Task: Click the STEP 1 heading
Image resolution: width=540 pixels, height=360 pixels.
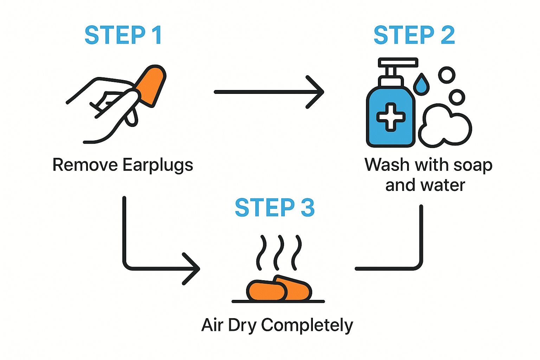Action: pyautogui.click(x=123, y=35)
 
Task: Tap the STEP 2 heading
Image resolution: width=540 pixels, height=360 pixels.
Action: pyautogui.click(x=414, y=35)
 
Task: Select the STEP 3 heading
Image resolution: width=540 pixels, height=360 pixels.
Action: pyautogui.click(x=275, y=207)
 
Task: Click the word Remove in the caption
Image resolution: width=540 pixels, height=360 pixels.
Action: pyautogui.click(x=85, y=165)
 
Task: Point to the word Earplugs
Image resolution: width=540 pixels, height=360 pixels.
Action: pyautogui.click(x=158, y=166)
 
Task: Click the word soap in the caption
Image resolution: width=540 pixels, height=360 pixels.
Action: pyautogui.click(x=473, y=166)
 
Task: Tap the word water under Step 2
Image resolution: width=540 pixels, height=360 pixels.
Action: pyautogui.click(x=443, y=185)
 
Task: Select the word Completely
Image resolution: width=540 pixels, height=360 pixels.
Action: pyautogui.click(x=307, y=326)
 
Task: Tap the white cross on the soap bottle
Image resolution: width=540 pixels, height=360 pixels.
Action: pyautogui.click(x=391, y=117)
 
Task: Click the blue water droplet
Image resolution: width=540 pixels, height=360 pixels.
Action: pyautogui.click(x=421, y=84)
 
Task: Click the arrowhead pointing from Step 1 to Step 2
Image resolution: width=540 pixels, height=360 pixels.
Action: pyautogui.click(x=315, y=92)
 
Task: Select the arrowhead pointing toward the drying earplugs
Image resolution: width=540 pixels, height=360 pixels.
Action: pyautogui.click(x=191, y=269)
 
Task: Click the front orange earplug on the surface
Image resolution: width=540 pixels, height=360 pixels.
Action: pyautogui.click(x=266, y=290)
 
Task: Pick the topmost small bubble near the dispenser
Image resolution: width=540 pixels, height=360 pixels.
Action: pyautogui.click(x=447, y=75)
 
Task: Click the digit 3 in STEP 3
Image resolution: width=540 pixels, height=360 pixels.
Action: pyautogui.click(x=308, y=207)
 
